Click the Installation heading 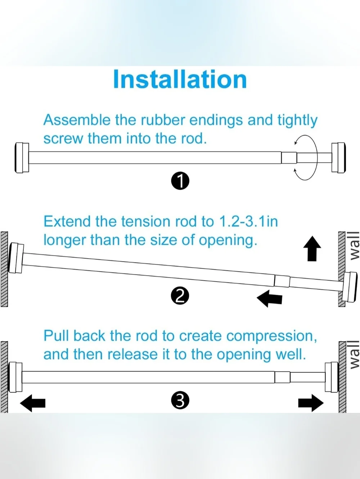pyautogui.click(x=180, y=79)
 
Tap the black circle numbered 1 pyautogui.click(x=180, y=181)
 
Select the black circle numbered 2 pyautogui.click(x=180, y=296)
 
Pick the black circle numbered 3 pyautogui.click(x=180, y=400)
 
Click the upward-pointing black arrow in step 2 pyautogui.click(x=312, y=249)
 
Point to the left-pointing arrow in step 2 pyautogui.click(x=270, y=299)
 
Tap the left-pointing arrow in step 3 pyautogui.click(x=32, y=403)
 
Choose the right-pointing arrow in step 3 pyautogui.click(x=311, y=403)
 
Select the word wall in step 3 pyautogui.click(x=355, y=358)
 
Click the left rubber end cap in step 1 pyautogui.click(x=22, y=157)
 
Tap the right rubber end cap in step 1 pyautogui.click(x=338, y=157)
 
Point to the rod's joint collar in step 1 pyautogui.click(x=289, y=157)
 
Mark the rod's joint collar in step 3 pyautogui.click(x=282, y=377)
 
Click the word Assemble pyautogui.click(x=77, y=120)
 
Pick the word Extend pyautogui.click(x=67, y=221)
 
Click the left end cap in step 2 pyautogui.click(x=16, y=258)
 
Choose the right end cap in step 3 pyautogui.click(x=332, y=377)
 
